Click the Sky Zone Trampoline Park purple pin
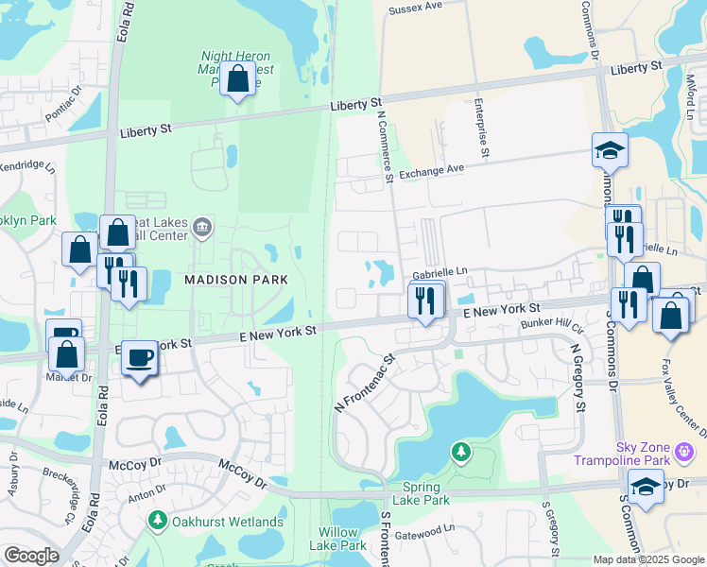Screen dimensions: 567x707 click(686, 453)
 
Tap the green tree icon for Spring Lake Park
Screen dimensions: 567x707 click(461, 453)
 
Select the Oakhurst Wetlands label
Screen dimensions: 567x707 click(226, 522)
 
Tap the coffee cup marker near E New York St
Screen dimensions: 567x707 click(140, 358)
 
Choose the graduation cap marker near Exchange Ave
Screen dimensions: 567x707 click(610, 150)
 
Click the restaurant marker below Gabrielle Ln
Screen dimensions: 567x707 click(426, 301)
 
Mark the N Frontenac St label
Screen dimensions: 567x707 click(364, 379)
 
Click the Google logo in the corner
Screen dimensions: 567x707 click(31, 555)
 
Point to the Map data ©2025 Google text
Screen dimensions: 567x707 click(647, 559)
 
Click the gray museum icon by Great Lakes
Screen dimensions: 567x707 click(202, 227)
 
